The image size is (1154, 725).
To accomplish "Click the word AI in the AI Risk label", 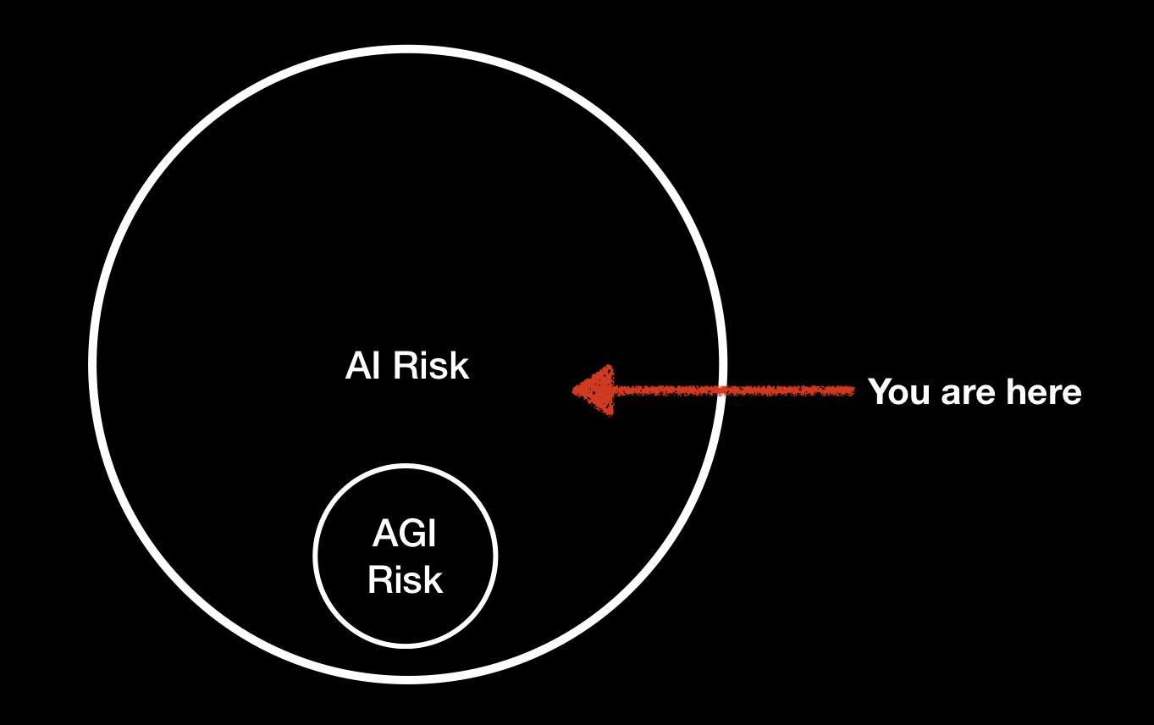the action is pyautogui.click(x=363, y=365).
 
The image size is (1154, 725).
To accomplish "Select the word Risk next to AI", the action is pyautogui.click(x=431, y=365).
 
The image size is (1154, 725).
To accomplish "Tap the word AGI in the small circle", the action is pyautogui.click(x=405, y=534).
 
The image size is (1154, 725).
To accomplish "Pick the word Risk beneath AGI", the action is pyautogui.click(x=405, y=579).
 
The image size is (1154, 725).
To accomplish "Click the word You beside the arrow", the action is pyautogui.click(x=900, y=391).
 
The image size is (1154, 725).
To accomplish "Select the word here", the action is pyautogui.click(x=1044, y=391).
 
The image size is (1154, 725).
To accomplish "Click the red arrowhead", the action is pyautogui.click(x=594, y=390).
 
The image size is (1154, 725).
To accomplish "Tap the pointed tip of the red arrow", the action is pyautogui.click(x=573, y=390).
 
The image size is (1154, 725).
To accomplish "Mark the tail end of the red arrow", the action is pyautogui.click(x=853, y=391).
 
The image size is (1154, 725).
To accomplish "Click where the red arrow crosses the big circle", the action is pyautogui.click(x=721, y=391).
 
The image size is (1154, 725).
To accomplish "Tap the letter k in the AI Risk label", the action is pyautogui.click(x=459, y=365).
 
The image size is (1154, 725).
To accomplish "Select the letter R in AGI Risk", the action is pyautogui.click(x=378, y=579).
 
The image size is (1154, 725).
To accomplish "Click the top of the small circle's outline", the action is pyautogui.click(x=406, y=467).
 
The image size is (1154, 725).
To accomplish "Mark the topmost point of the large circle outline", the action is pyautogui.click(x=408, y=49).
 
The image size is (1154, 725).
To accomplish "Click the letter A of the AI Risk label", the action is pyautogui.click(x=357, y=365).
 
